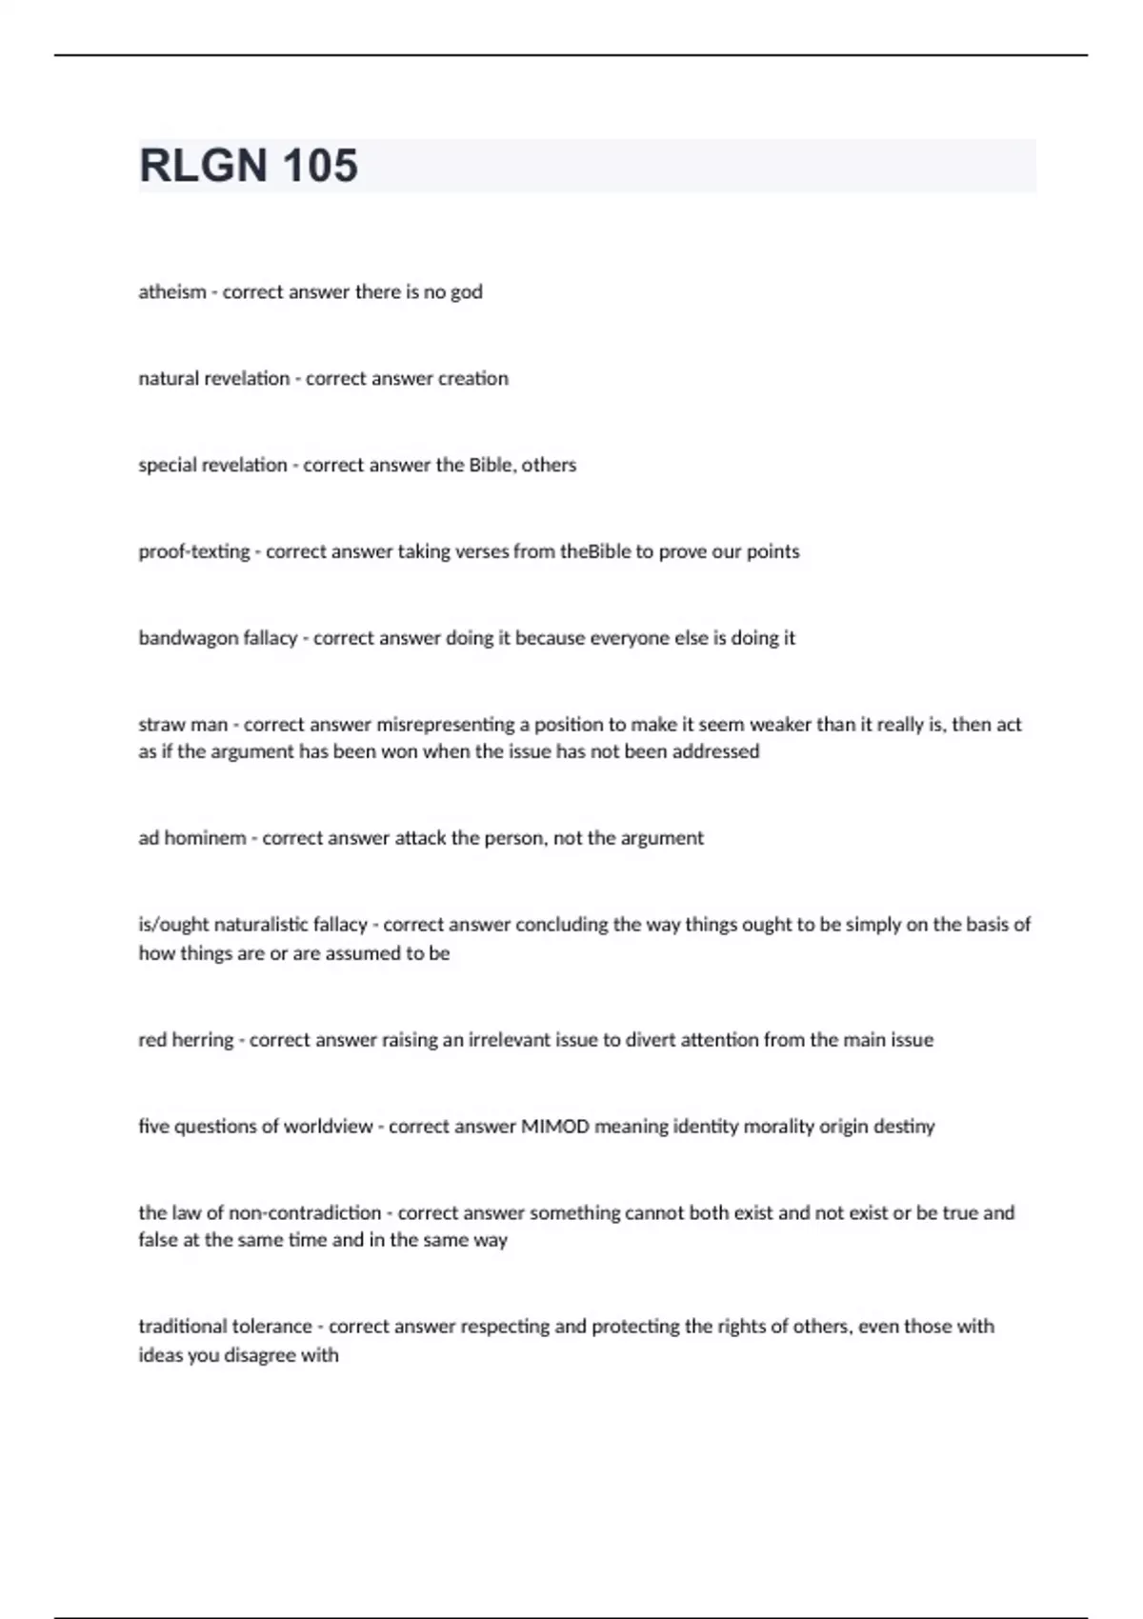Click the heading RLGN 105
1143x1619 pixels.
pyautogui.click(x=249, y=166)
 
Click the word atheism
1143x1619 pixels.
pyautogui.click(x=171, y=292)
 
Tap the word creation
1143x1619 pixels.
pyautogui.click(x=472, y=379)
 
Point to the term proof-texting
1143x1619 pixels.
pyautogui.click(x=194, y=552)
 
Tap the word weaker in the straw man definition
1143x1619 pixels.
pyautogui.click(x=780, y=725)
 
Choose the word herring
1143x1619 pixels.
pyautogui.click(x=202, y=1040)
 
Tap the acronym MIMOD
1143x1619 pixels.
pyautogui.click(x=554, y=1127)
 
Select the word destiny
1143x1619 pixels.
pyautogui.click(x=904, y=1127)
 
